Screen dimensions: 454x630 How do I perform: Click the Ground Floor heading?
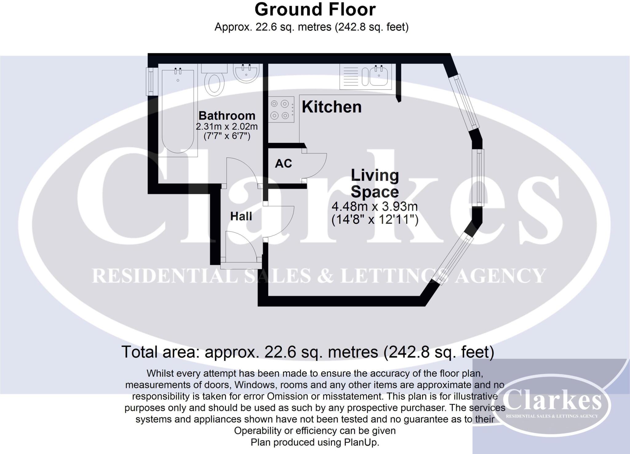315,10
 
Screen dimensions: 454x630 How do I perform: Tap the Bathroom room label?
227,116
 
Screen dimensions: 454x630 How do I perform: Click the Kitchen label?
332,107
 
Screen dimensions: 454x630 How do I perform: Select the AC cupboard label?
283,164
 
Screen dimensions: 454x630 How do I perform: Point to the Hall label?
241,216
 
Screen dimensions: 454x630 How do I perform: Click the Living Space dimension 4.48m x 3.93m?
375,206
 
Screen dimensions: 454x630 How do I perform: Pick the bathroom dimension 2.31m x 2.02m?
227,126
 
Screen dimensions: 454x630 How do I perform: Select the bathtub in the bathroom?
177,111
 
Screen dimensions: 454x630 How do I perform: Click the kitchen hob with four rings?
281,110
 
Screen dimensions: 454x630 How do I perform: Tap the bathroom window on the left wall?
150,82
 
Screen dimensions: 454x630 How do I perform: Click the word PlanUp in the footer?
361,442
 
